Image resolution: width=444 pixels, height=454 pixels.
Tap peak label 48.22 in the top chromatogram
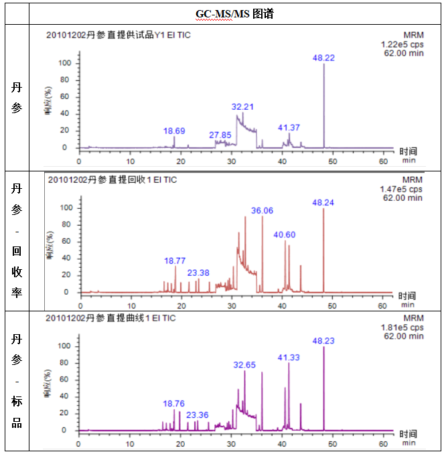(x=323, y=58)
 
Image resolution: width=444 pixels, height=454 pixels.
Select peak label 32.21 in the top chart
(x=242, y=106)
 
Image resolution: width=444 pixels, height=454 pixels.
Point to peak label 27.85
(x=220, y=135)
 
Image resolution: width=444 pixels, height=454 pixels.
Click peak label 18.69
(x=174, y=131)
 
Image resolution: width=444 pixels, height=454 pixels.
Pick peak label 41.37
(x=289, y=127)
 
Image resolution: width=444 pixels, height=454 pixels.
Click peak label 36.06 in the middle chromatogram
(x=262, y=210)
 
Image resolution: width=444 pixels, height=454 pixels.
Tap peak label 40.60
(x=285, y=234)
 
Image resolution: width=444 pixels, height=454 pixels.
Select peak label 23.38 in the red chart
(x=198, y=273)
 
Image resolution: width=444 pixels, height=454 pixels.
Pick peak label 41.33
(x=289, y=357)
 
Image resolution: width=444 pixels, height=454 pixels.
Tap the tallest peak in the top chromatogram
(x=324, y=100)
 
